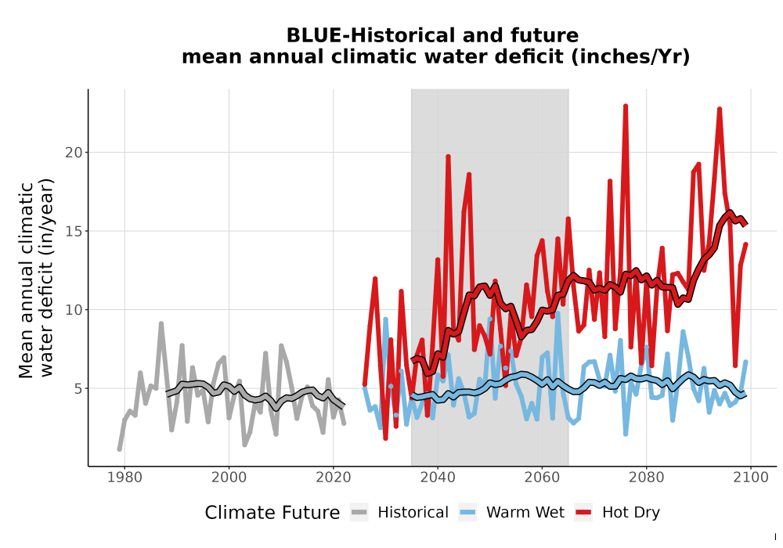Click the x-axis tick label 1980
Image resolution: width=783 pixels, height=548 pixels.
124,478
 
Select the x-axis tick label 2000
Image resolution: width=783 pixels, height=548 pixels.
229,478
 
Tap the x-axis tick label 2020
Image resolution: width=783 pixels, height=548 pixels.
333,478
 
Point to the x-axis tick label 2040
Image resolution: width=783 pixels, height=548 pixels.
438,478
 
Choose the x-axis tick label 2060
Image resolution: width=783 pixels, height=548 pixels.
542,478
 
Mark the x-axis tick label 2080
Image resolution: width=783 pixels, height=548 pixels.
646,478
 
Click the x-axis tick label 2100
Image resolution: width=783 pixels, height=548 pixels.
751,478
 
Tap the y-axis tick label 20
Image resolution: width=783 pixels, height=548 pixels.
74,152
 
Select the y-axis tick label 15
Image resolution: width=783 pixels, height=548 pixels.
74,231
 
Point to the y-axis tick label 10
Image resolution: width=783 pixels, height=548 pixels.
74,310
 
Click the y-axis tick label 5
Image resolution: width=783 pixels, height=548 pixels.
78,389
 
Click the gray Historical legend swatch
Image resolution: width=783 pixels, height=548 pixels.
359,512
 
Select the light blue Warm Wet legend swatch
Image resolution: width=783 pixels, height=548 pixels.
467,512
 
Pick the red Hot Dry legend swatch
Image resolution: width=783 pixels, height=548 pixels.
583,512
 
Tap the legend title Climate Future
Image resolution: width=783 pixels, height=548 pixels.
272,513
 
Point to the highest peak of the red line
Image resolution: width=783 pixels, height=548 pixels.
625,106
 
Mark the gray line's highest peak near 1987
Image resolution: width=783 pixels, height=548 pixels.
161,323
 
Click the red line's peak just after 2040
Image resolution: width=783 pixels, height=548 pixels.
448,157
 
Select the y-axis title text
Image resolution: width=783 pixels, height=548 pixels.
35,279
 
